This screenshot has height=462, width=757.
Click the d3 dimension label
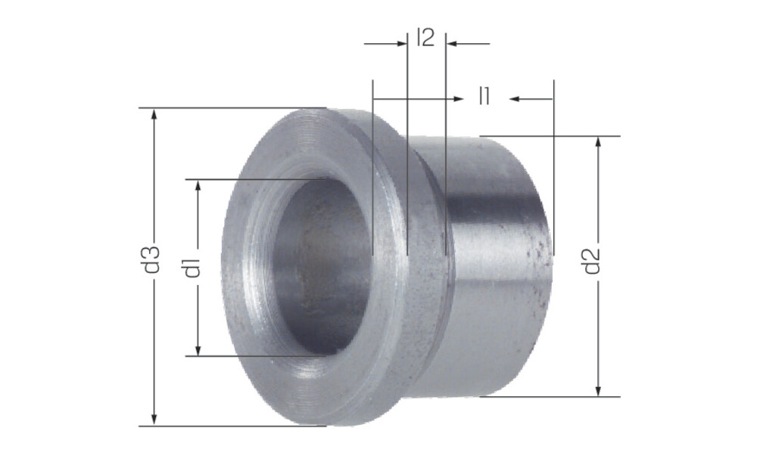click(153, 260)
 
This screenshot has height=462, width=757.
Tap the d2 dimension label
click(592, 260)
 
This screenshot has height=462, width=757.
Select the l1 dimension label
click(484, 95)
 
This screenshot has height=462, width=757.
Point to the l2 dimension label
click(425, 38)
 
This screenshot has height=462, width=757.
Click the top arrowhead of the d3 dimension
click(154, 115)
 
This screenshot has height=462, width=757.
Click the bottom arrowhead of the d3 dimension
click(154, 419)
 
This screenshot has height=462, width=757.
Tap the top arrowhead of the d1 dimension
click(198, 186)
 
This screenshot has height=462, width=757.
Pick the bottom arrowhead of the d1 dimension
click(198, 350)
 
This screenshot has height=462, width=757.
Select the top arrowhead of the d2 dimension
click(598, 143)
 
